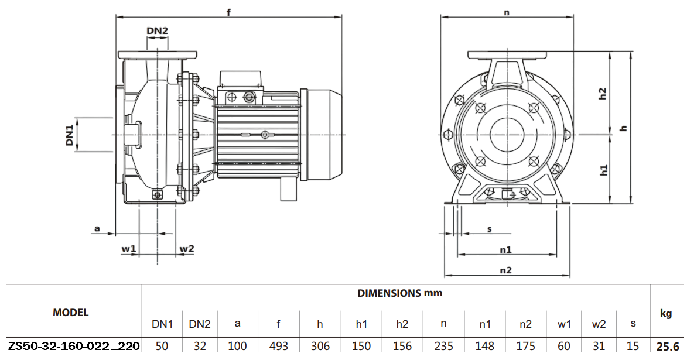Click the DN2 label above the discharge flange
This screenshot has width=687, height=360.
pos(157,30)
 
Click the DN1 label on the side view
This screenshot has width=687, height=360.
pos(70,135)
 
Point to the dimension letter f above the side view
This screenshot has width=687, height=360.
pos(228,12)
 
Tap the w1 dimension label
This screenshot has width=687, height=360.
pos(129,249)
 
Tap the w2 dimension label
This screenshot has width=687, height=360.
pos(187,249)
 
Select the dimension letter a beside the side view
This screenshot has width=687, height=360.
pos(97,228)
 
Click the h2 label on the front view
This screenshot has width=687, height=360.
pos(603,94)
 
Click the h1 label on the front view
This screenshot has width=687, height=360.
pos(603,170)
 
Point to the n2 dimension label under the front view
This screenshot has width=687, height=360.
pos(506,270)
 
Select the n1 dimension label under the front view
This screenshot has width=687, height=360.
pos(506,249)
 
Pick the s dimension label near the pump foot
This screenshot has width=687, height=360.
pos(489,229)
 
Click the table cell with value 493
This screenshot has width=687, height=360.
pos(279,346)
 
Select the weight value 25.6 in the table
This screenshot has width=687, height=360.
pos(668,346)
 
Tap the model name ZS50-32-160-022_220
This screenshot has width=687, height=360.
pos(74,346)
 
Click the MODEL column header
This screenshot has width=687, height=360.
pos(71,313)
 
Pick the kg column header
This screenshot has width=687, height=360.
pos(666,314)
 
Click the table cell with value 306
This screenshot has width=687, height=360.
pos(320,346)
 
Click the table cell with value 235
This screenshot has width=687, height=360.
pos(444,346)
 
